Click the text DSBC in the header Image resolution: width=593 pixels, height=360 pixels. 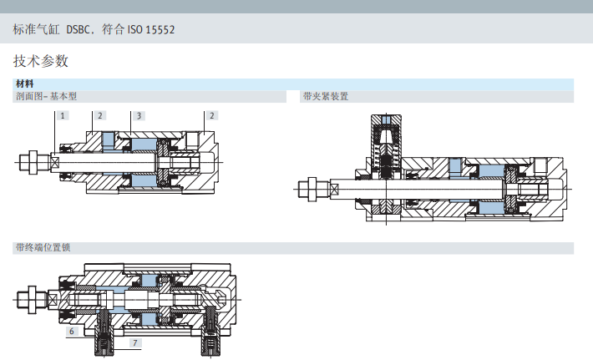(x=78, y=29)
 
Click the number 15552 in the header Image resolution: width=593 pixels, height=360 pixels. (x=160, y=29)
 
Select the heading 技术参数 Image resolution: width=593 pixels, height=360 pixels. (x=40, y=61)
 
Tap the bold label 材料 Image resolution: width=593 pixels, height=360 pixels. (x=24, y=84)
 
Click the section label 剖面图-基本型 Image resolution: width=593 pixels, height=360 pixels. (x=46, y=96)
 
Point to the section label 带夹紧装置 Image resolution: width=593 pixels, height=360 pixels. (x=326, y=96)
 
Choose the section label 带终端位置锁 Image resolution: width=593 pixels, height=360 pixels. (x=43, y=248)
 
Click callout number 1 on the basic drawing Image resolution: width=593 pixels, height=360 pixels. (x=63, y=116)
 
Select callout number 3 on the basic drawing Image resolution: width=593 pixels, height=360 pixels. (x=139, y=116)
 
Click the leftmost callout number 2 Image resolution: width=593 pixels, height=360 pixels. (x=100, y=116)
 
